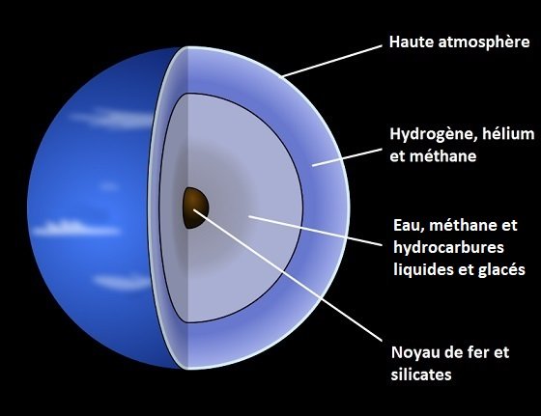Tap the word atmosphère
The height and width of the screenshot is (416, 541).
(484, 42)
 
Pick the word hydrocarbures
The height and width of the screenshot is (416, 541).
(448, 247)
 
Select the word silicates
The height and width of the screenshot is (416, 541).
(421, 374)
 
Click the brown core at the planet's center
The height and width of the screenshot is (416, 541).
(195, 208)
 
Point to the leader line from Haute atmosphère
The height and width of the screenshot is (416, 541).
(331, 61)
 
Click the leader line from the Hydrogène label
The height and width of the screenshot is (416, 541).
(347, 158)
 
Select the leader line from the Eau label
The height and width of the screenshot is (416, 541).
(315, 231)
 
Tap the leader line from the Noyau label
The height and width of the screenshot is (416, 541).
(288, 275)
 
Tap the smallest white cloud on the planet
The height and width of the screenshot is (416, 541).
(108, 186)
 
